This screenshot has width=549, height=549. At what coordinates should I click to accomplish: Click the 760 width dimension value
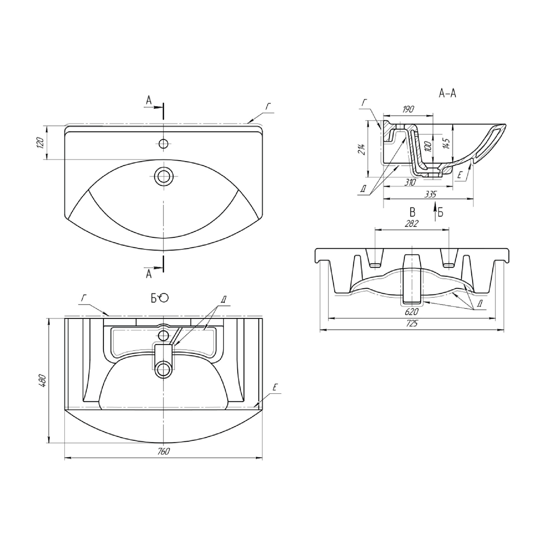point(163,452)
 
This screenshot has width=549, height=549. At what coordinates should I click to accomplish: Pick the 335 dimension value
point(430,194)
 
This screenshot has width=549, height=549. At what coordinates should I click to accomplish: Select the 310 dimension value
point(410,182)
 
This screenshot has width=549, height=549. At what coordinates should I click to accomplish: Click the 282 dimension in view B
point(412,224)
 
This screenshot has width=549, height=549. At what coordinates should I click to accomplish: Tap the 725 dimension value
point(412,323)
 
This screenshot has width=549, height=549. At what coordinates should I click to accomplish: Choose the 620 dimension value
point(412,312)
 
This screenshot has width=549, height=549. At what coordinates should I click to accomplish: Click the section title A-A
point(447,93)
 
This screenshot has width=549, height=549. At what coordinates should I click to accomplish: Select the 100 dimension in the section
point(429,146)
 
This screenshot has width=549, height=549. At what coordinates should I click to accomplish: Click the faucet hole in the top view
point(163,144)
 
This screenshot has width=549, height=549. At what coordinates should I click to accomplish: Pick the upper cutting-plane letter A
point(149,100)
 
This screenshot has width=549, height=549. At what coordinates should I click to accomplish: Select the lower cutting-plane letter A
point(149,274)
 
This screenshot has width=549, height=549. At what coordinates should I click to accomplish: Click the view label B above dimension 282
point(412,212)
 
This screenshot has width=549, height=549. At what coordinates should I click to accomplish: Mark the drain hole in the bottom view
point(163,370)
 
